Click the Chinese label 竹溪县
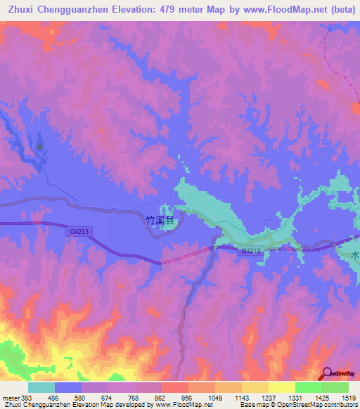(x=163, y=219)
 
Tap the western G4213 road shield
(x=79, y=231)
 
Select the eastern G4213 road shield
(x=251, y=251)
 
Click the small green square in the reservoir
(x=40, y=147)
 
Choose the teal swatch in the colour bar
(x=41, y=388)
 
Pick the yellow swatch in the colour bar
(x=282, y=388)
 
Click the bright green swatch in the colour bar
(x=309, y=388)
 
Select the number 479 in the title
(x=178, y=9)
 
